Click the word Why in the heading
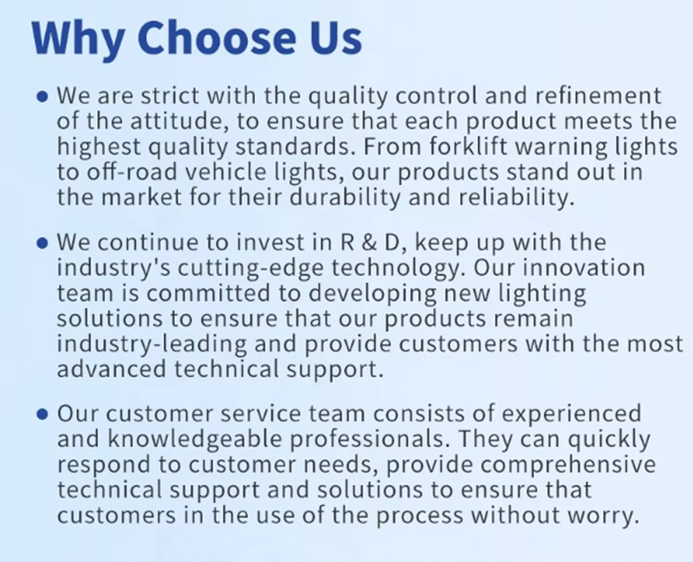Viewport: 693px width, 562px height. [78, 38]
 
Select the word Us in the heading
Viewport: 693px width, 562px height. [335, 37]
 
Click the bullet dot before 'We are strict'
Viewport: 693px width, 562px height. [42, 96]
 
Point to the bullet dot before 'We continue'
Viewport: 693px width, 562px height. [42, 243]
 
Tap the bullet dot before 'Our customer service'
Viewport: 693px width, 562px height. [42, 415]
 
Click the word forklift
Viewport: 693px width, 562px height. [468, 147]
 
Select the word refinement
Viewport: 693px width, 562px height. [599, 95]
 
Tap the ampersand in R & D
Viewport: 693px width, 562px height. [370, 243]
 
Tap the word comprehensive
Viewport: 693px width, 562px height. [568, 465]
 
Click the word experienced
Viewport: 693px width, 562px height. [572, 415]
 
